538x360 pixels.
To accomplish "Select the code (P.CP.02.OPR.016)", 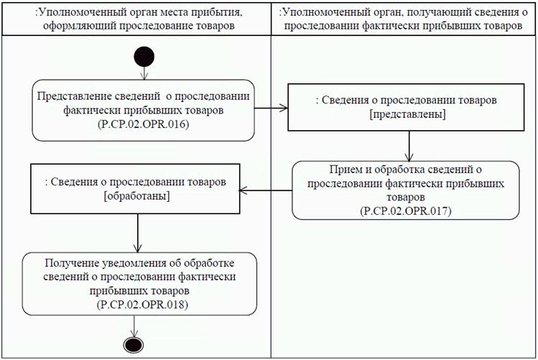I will click(143, 124).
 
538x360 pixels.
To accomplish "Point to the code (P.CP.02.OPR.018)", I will click(139, 305).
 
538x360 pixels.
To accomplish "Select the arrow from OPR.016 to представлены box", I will click(271, 109).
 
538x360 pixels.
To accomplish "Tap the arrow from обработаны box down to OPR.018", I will click(136, 231).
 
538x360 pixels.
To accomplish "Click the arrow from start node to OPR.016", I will click(143, 73).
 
